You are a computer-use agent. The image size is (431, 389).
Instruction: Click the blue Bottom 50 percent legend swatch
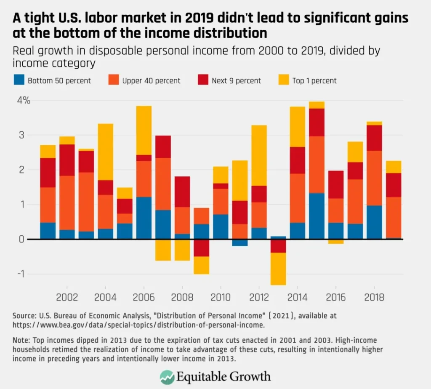pos(18,80)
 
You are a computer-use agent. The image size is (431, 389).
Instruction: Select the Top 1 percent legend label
pos(314,80)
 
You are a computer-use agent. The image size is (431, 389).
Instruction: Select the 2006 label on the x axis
pos(144,298)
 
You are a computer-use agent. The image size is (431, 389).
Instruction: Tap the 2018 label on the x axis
pos(374,298)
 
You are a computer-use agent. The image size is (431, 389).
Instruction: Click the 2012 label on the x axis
pos(259,298)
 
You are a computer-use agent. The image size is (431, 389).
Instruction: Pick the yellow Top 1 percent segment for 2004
pos(105,152)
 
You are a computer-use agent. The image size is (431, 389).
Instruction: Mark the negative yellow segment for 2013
pos(278,269)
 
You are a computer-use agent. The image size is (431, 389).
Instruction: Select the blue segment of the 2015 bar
pos(317,216)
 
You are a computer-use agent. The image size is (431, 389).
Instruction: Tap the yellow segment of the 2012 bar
pos(259,155)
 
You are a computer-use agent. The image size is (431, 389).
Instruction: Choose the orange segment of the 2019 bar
pos(393,218)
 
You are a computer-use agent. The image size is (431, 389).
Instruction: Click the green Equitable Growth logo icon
pos(168,376)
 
